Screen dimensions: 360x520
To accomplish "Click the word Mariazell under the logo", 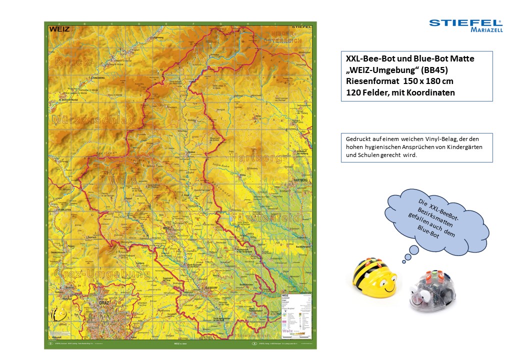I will (x=486, y=30).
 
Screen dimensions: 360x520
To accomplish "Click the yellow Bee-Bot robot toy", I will (x=375, y=277).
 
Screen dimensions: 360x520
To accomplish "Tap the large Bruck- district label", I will (x=74, y=62).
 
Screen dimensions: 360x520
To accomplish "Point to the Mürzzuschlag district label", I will (x=93, y=120).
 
